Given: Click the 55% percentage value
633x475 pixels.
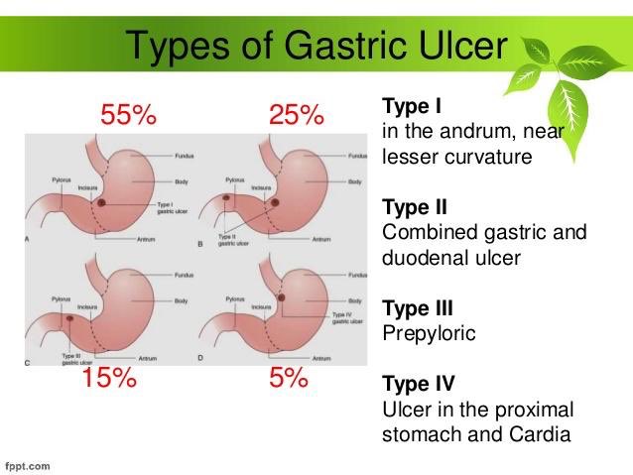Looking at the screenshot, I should point(129,115).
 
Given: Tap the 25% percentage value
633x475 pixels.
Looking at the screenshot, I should point(297,115).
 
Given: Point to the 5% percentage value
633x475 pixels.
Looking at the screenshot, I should point(289,379).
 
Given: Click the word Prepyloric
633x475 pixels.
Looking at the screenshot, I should point(429,334).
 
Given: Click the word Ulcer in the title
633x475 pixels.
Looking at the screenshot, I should point(460,45).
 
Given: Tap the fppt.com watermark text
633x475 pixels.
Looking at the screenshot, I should point(29,464).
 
